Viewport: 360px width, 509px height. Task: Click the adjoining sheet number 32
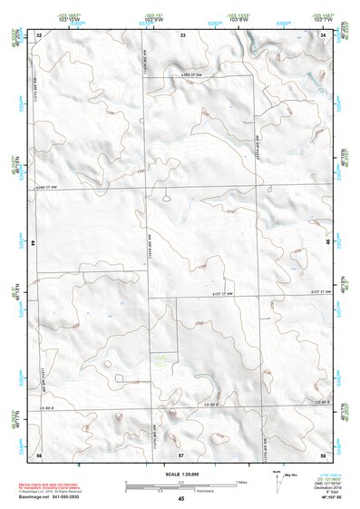click(39, 35)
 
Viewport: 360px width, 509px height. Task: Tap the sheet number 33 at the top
click(181, 35)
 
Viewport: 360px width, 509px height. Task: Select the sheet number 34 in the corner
click(323, 35)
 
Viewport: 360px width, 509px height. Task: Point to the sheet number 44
click(34, 244)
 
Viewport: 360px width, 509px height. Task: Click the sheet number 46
click(326, 244)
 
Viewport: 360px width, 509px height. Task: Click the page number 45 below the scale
click(181, 498)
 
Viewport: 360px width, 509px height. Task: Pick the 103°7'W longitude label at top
click(323, 20)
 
